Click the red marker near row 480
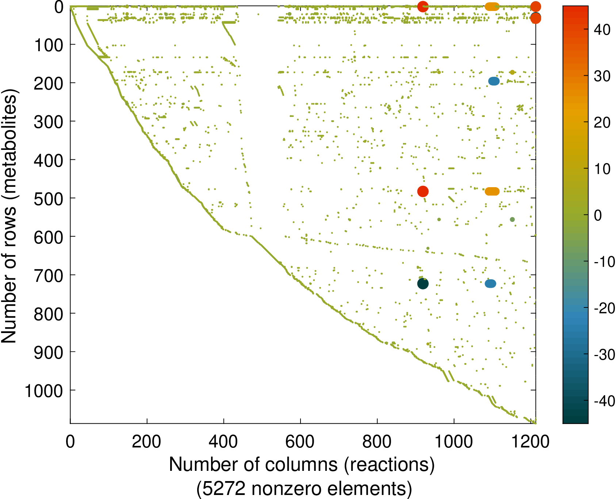click(x=422, y=191)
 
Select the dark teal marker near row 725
click(x=422, y=284)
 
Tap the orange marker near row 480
click(x=492, y=191)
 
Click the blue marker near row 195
click(x=494, y=81)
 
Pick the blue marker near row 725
click(x=490, y=284)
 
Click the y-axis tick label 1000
click(x=44, y=391)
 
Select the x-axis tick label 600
click(x=300, y=442)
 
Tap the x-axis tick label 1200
click(x=530, y=442)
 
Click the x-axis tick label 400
click(x=223, y=442)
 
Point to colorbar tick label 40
click(x=602, y=30)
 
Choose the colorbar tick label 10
click(x=602, y=169)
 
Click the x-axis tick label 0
click(x=70, y=442)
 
